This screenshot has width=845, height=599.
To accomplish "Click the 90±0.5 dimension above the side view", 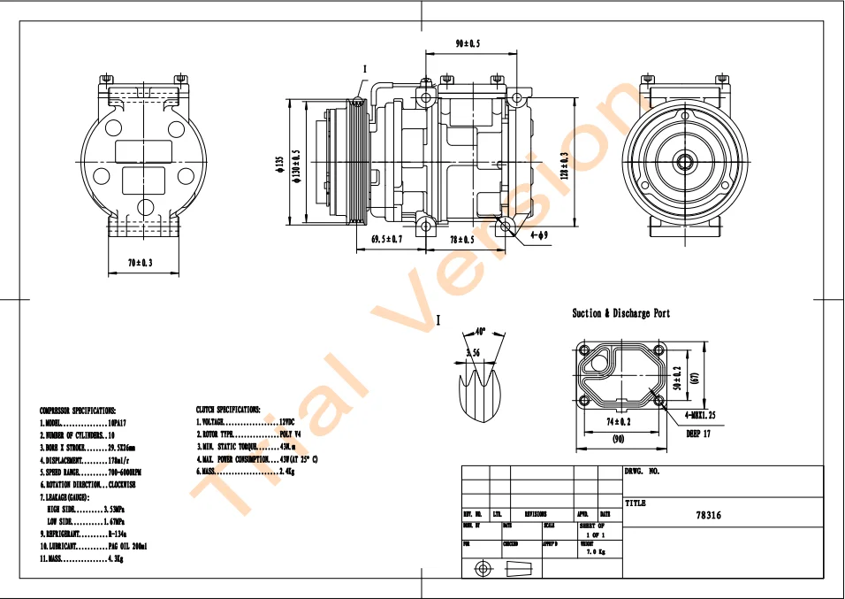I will click(x=468, y=44).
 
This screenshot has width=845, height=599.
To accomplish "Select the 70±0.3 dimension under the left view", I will click(x=140, y=263).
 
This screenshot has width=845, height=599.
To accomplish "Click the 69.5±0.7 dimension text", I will click(x=386, y=240).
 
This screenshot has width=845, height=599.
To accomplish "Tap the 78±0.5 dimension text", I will click(x=461, y=240).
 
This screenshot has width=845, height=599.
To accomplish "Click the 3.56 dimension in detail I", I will click(x=473, y=353).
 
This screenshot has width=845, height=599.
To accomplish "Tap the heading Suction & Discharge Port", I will click(x=620, y=313).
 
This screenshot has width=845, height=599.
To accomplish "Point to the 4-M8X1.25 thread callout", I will click(x=704, y=415).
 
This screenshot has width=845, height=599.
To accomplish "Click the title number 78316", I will click(x=708, y=515).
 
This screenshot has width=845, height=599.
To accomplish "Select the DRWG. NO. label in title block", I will click(x=643, y=472).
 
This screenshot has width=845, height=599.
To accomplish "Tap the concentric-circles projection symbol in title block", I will click(x=483, y=568).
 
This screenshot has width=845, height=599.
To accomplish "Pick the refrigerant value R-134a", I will click(x=117, y=534).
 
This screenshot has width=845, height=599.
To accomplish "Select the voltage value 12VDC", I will click(x=286, y=423).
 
